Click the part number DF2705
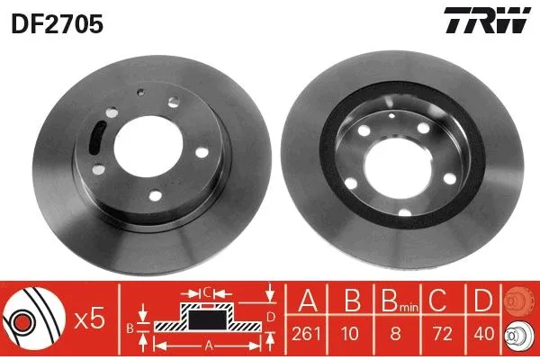point(58,23)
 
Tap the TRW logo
point(487,20)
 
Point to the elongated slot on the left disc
point(97,137)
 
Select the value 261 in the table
point(306,334)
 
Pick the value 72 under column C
point(442,334)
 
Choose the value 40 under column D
point(483,334)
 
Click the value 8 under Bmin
point(396,334)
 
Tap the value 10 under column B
point(351,334)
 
